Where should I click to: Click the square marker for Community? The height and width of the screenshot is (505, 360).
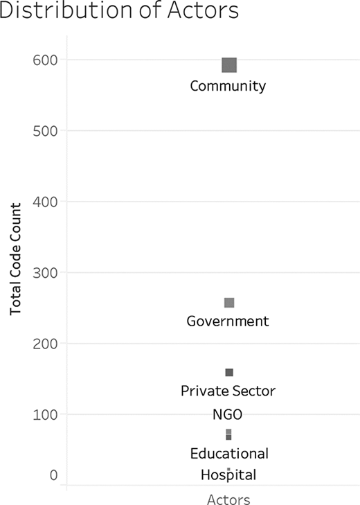pos(229,65)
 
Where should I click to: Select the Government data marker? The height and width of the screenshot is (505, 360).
pos(229,303)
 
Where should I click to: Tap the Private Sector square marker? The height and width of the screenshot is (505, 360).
pos(229,373)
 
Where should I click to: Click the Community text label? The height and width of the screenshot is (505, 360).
pos(228,87)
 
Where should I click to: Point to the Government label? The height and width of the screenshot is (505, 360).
pos(228,321)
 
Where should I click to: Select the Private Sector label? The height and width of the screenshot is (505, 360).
pos(228,391)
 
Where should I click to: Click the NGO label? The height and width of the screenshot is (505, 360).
pos(227,414)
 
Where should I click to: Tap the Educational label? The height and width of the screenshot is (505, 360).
pos(229,454)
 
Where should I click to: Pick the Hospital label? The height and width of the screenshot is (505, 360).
pos(228,475)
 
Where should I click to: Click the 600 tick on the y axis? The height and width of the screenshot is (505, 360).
pos(45,60)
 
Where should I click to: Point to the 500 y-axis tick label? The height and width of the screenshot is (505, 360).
pos(45,131)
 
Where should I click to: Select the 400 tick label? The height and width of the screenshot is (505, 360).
pos(45,202)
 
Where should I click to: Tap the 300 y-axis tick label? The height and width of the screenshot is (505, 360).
pos(45,273)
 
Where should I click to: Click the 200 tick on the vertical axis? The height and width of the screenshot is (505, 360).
pos(45,344)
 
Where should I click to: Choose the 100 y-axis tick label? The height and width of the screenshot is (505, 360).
pos(45,414)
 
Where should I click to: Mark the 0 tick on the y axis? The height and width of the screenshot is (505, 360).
pos(54,475)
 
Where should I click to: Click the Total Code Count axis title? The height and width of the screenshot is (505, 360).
pos(15,259)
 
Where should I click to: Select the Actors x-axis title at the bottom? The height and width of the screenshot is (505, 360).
pos(228,499)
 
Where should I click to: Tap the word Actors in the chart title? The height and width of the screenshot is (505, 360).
pos(203,10)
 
